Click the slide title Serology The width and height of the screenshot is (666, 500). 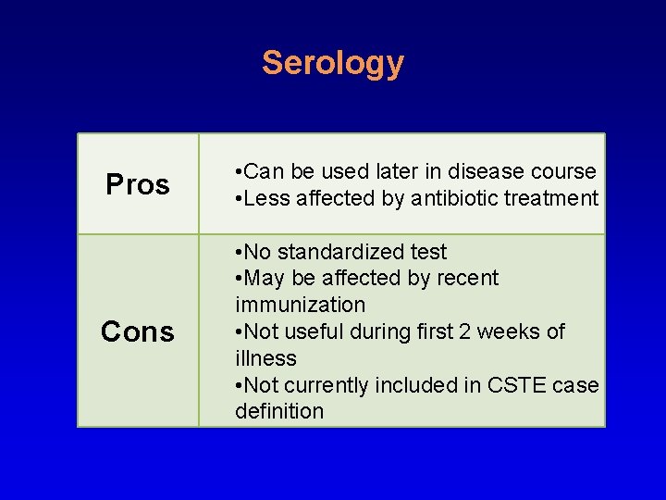tap(332, 63)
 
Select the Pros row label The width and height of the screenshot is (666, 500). tap(138, 184)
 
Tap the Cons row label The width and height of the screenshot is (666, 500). tap(138, 331)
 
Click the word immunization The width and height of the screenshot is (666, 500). tap(300, 305)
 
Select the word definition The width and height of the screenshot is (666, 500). tap(279, 411)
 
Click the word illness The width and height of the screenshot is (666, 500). tap(265, 358)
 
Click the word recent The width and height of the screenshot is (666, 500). tap(467, 278)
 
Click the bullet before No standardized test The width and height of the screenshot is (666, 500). tap(240, 252)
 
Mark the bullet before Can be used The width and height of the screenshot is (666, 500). tap(240, 172)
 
